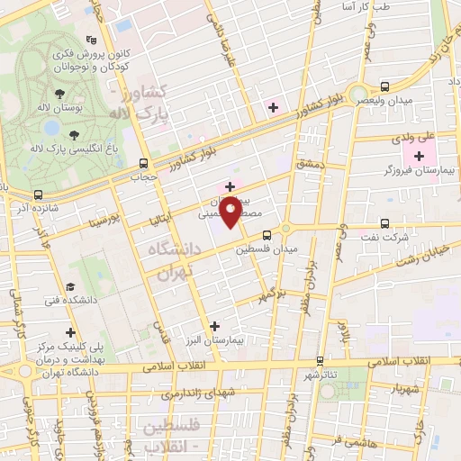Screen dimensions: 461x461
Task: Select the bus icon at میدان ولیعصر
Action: [385, 87]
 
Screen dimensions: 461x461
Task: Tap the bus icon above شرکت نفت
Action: [385, 223]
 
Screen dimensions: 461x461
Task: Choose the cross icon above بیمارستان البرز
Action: [213, 327]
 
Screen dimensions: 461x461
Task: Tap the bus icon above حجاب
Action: [143, 164]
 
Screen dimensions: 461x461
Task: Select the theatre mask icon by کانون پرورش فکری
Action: [90, 40]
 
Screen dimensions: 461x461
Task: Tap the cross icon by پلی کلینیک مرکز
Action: [71, 332]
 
